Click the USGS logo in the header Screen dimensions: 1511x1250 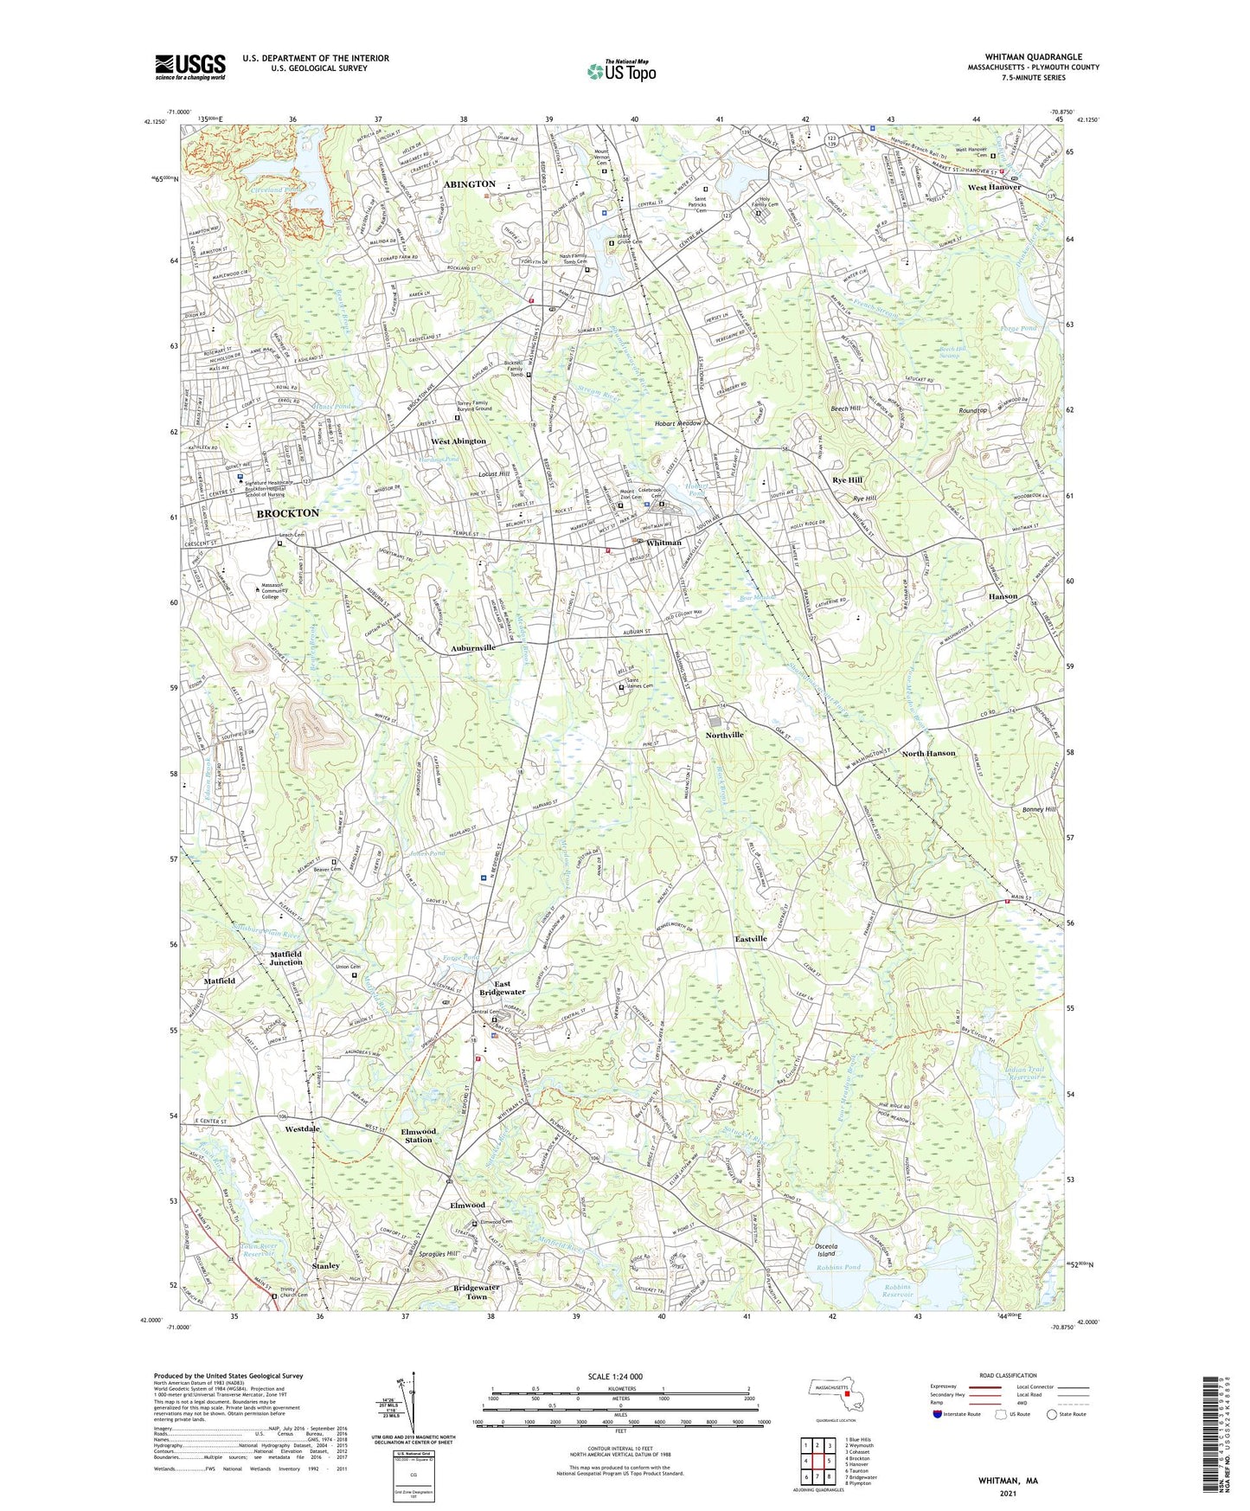coord(190,66)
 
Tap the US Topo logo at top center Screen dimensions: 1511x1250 coord(620,71)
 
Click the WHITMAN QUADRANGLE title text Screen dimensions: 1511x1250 coord(1033,57)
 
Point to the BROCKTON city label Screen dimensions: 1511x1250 coord(287,513)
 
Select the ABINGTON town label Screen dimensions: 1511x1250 coord(469,184)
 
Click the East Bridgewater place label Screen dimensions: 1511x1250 coord(502,987)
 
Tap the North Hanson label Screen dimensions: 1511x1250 coord(928,753)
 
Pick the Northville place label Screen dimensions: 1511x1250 coord(724,735)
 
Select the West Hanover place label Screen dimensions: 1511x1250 coord(994,187)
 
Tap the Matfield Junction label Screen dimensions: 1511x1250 coord(285,958)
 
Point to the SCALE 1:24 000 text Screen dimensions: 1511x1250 coord(615,1376)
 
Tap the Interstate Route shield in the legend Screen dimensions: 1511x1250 coord(939,1414)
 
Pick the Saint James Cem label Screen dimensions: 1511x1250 coord(639,684)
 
